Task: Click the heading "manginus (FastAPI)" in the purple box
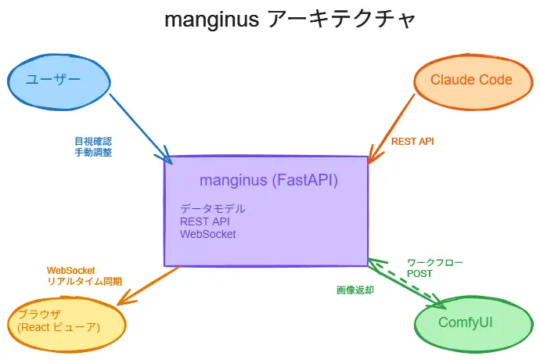coord(268,180)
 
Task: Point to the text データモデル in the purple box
coord(213,209)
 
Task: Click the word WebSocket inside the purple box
coord(208,233)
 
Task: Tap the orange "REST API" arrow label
coord(412,142)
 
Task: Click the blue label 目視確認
coord(93,142)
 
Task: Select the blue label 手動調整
coord(93,153)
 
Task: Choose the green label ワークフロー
coord(434,263)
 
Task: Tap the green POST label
coord(419,275)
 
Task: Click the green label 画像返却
coord(355,290)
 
